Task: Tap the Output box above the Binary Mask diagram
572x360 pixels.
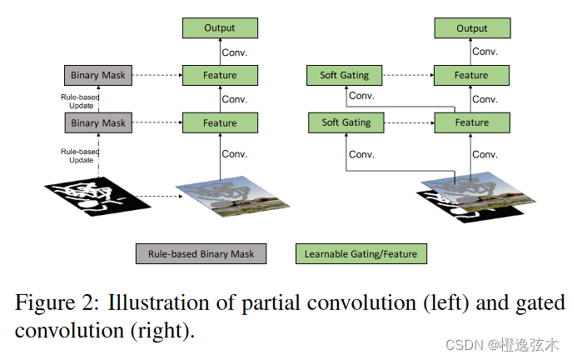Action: (x=220, y=28)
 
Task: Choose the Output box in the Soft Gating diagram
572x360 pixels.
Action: (x=471, y=28)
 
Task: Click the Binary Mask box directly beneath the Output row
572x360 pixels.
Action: (x=97, y=76)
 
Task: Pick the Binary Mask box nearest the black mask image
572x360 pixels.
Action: (x=97, y=123)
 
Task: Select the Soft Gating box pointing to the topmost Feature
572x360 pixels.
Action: (x=345, y=76)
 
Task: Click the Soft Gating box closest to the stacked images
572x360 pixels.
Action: (x=345, y=123)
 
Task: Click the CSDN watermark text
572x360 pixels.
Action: (x=503, y=345)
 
